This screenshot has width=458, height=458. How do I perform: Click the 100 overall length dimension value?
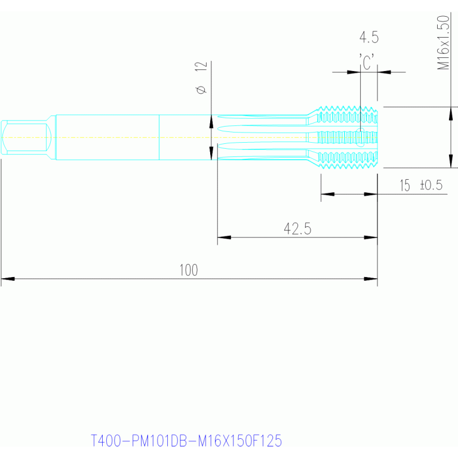(189, 270)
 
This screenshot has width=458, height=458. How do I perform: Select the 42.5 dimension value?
(297, 229)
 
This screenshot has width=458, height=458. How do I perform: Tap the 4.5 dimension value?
(369, 38)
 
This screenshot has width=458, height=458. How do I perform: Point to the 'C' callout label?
(367, 62)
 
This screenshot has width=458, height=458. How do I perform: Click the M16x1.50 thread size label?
(443, 42)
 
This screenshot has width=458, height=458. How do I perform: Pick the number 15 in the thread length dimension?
(405, 186)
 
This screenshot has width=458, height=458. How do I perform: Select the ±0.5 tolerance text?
(431, 185)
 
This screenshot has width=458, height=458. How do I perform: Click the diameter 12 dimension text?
(201, 78)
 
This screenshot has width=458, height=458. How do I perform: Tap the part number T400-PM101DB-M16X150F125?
(186, 441)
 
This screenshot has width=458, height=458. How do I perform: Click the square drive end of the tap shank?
(26, 137)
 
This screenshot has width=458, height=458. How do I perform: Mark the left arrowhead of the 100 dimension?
(8, 279)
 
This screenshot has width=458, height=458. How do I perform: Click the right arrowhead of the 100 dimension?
(371, 279)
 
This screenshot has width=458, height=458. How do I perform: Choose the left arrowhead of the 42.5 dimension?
(225, 238)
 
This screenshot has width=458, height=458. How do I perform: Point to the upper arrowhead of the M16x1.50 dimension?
(451, 113)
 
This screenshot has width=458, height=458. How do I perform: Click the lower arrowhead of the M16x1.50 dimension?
(451, 161)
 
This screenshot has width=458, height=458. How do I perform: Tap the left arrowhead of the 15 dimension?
(328, 194)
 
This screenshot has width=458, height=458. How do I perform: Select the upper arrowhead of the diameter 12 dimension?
(211, 121)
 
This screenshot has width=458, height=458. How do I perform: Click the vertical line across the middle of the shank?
(159, 137)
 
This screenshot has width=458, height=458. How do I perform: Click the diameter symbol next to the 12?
(201, 90)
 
